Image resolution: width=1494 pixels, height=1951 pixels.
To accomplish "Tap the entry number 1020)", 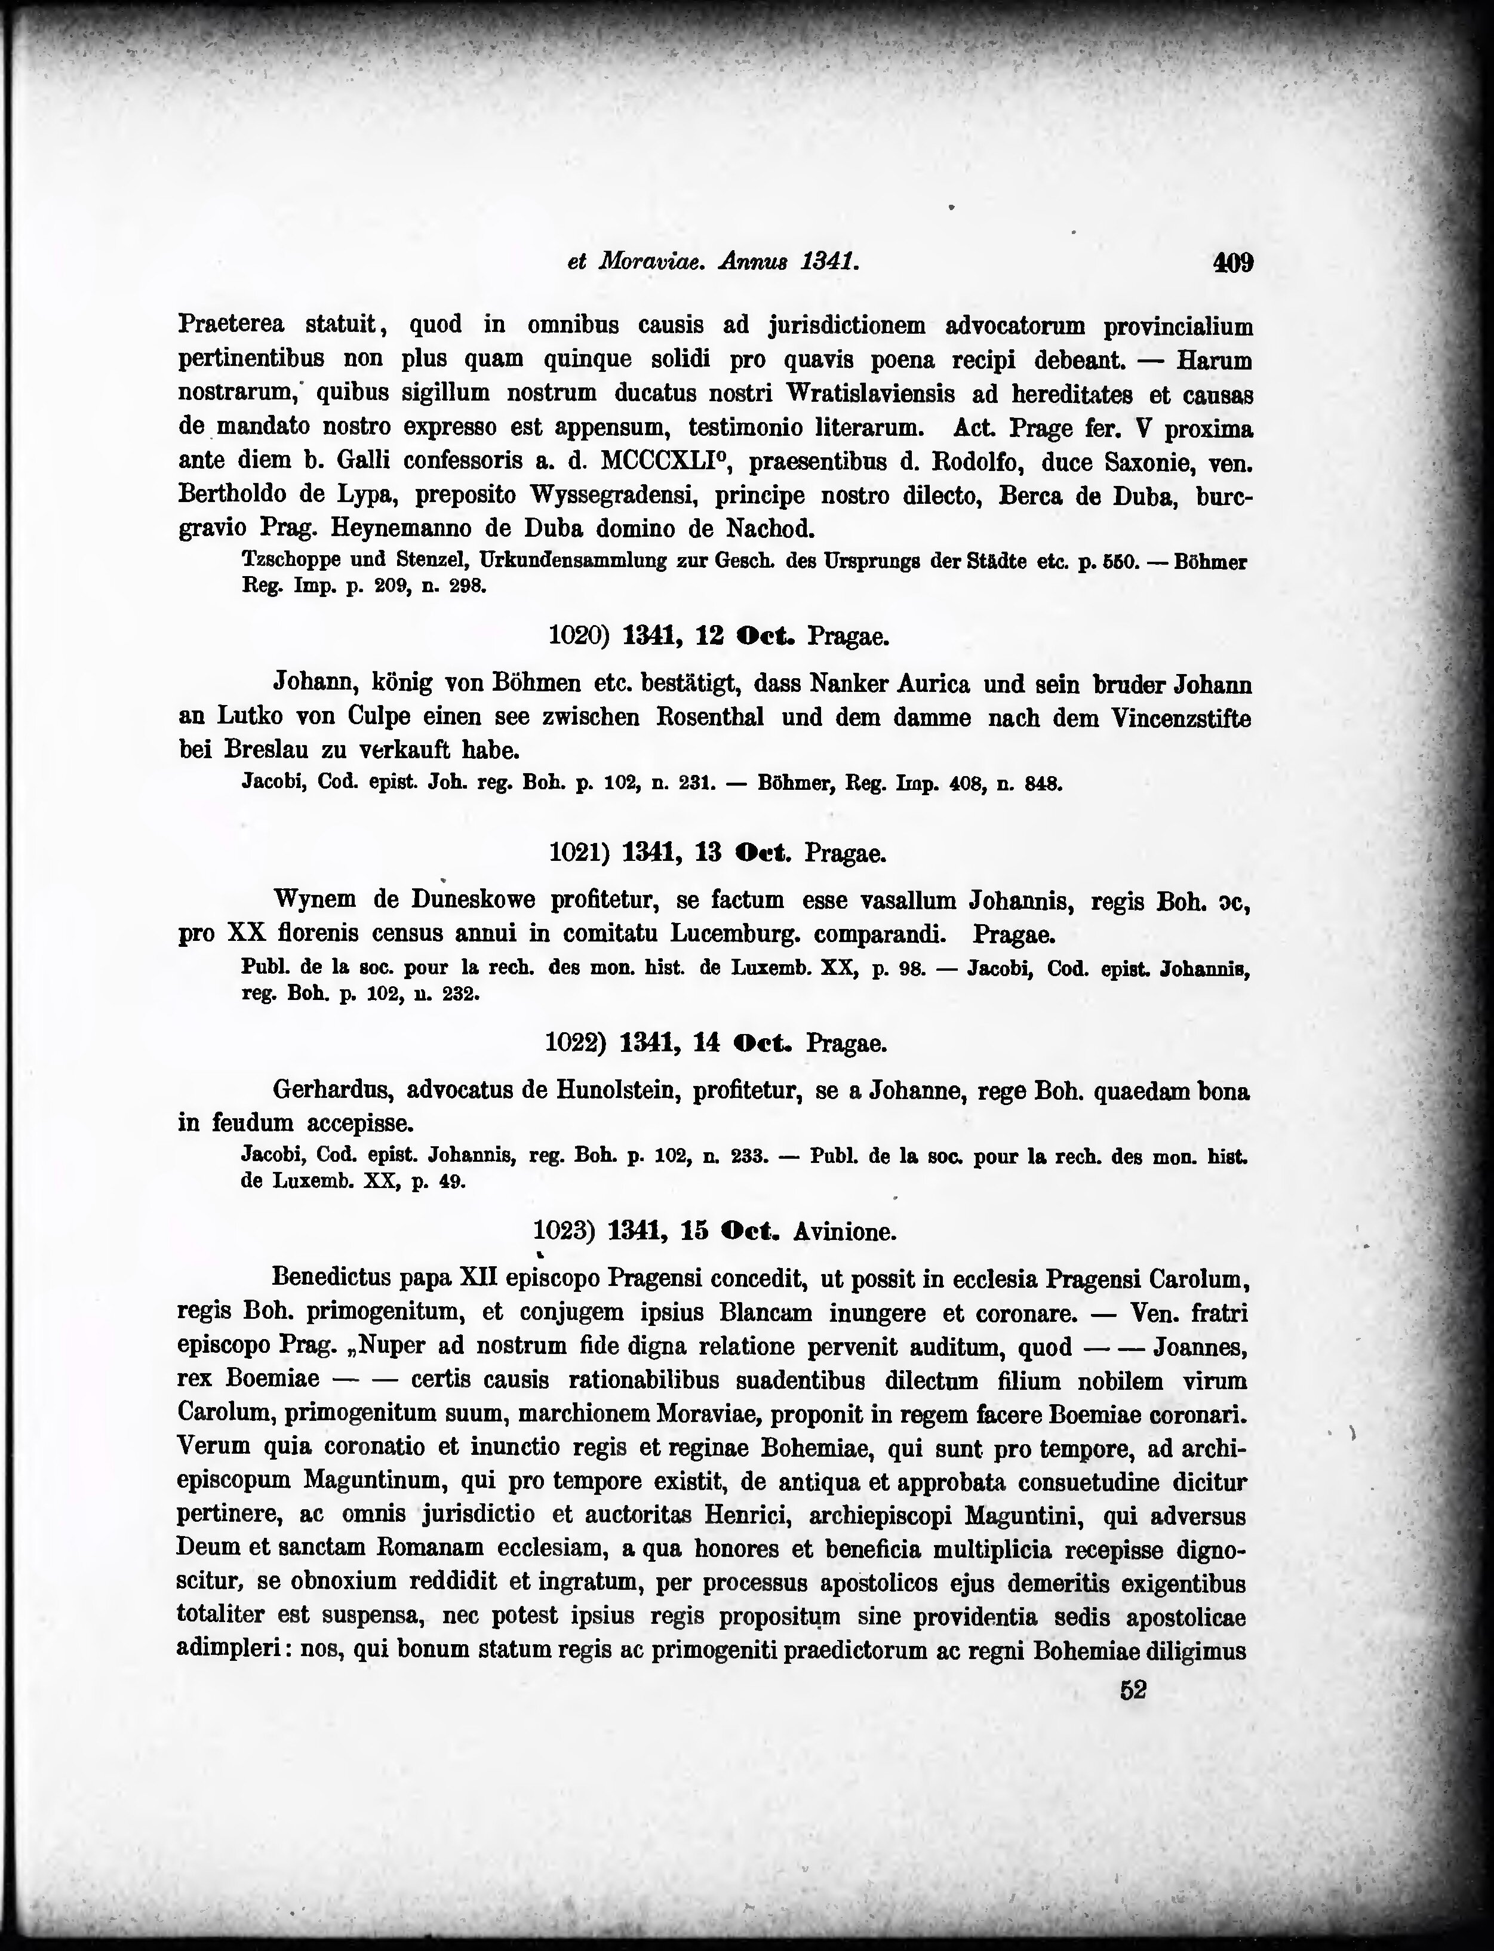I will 578,636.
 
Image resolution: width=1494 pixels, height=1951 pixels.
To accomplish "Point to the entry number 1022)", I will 576,1042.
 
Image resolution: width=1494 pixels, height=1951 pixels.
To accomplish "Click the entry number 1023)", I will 564,1232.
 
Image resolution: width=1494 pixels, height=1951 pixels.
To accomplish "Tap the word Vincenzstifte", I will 1182,718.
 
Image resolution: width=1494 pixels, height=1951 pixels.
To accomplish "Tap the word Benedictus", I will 328,1279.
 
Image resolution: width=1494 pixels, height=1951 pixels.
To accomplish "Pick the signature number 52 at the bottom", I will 1133,1691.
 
